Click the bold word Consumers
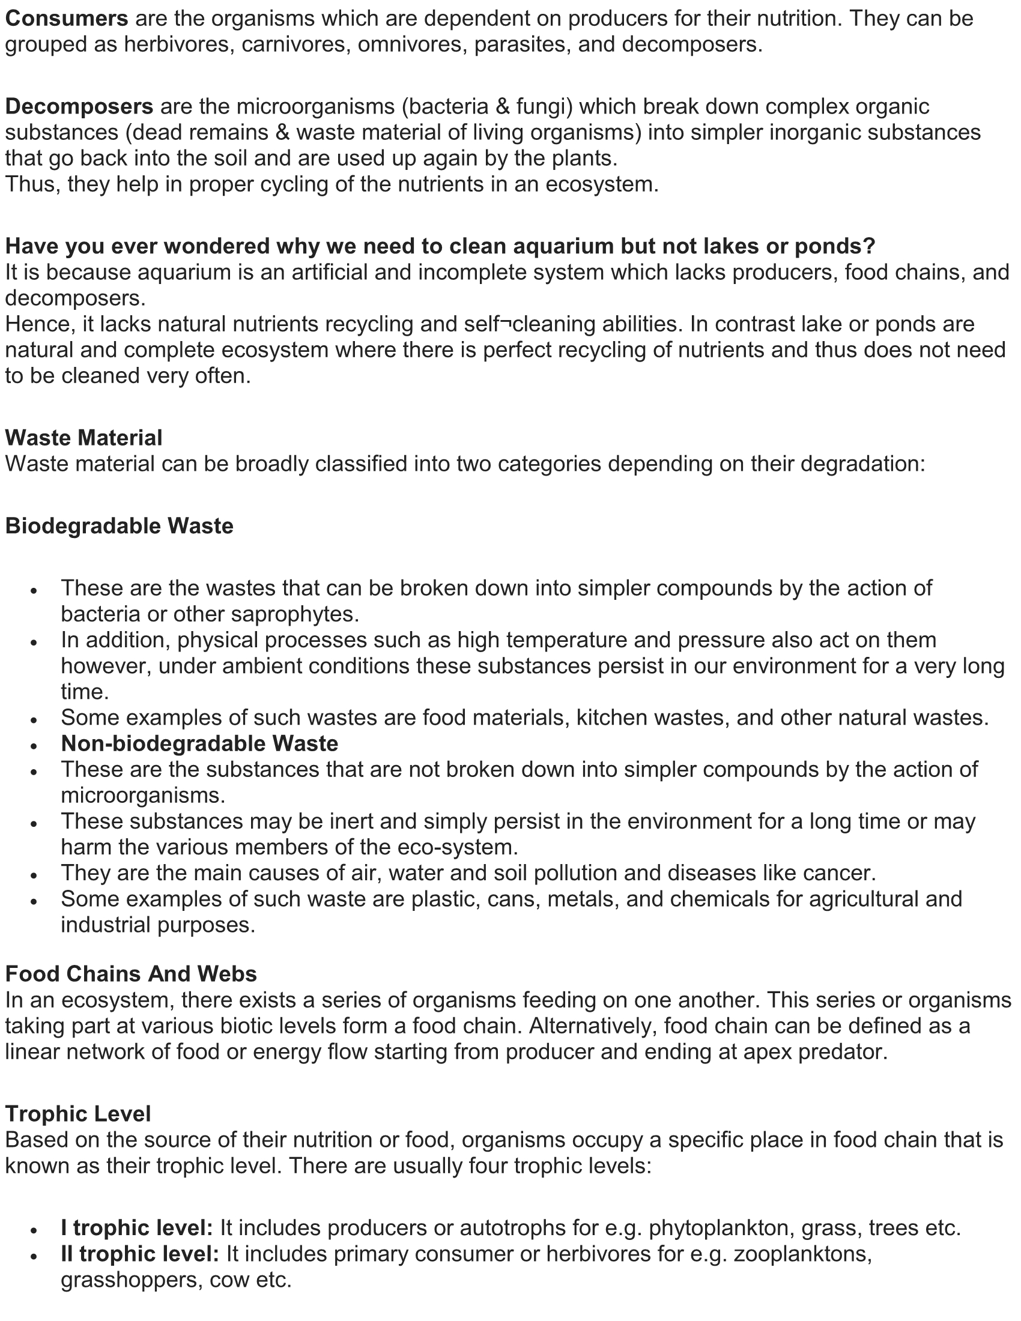point(67,19)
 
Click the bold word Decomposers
point(79,107)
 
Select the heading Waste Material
point(84,438)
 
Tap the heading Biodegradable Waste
point(119,526)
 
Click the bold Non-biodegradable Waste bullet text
point(199,743)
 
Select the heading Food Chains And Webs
point(132,974)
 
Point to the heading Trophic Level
point(78,1113)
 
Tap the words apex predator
point(823,1052)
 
